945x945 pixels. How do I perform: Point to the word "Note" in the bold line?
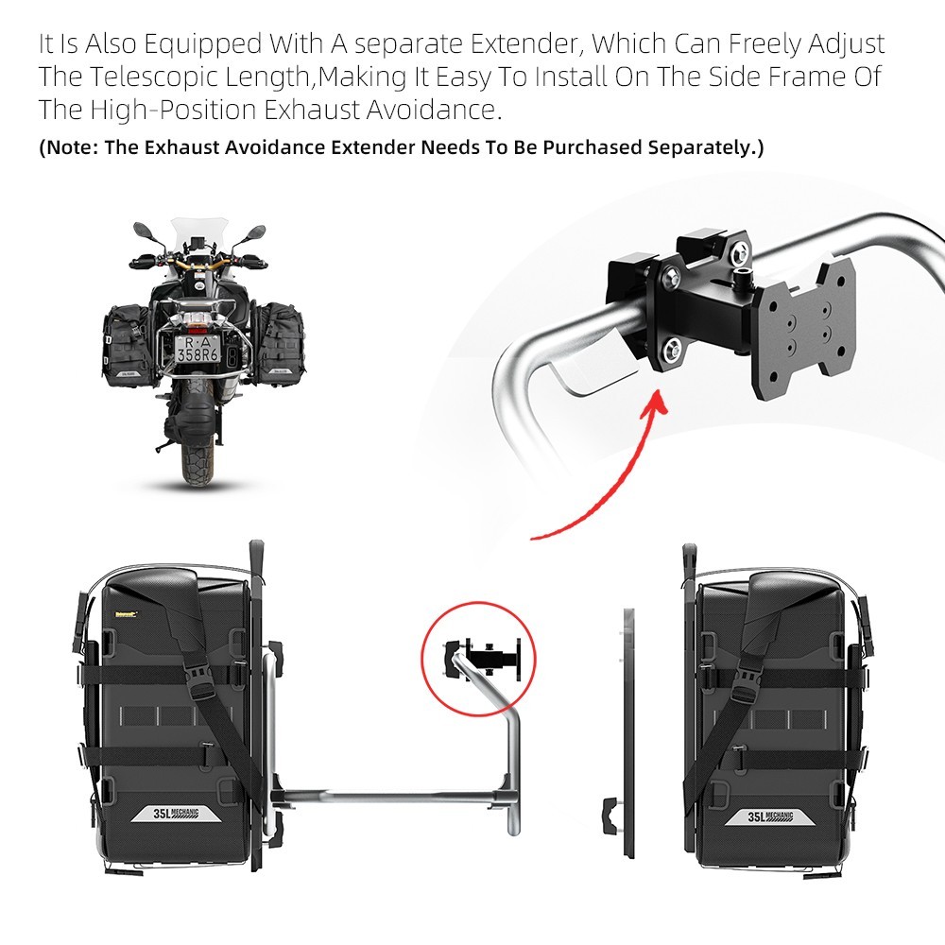[x=69, y=147]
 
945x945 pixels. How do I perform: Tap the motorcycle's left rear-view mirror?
[x=143, y=230]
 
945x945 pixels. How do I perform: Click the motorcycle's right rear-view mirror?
[x=254, y=231]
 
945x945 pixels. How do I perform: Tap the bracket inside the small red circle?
[x=487, y=654]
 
